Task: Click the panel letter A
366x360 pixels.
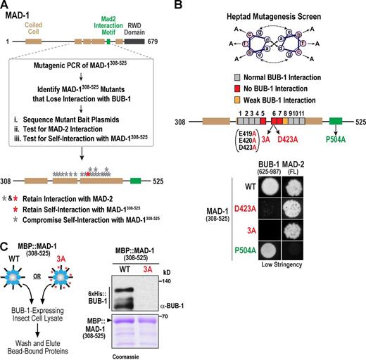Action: [x=6, y=6]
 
